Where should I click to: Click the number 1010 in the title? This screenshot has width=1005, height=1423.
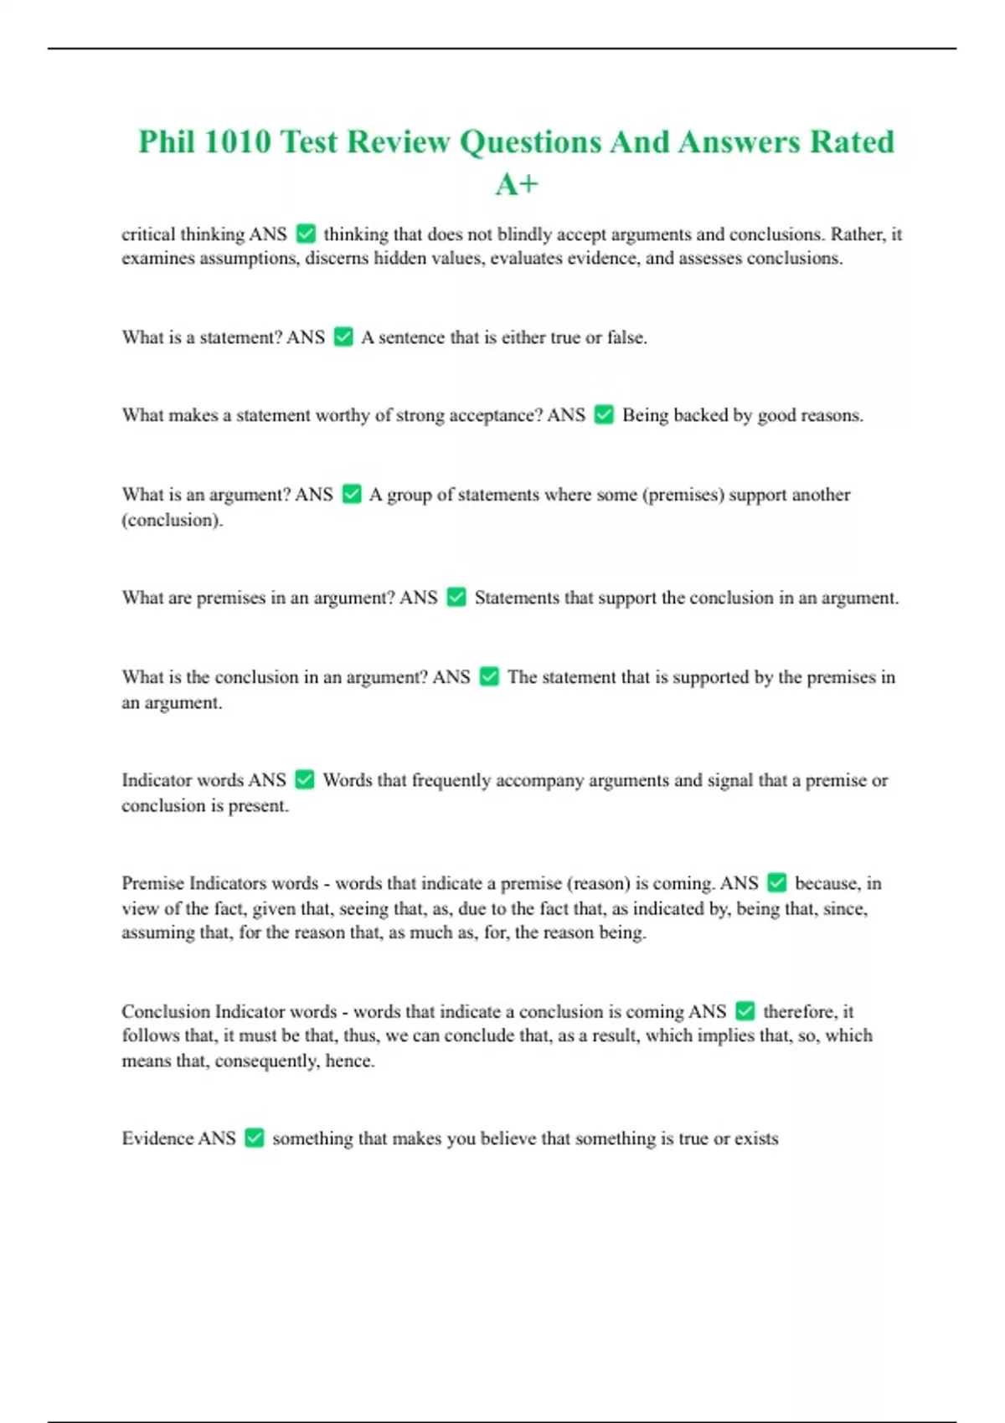[x=237, y=142]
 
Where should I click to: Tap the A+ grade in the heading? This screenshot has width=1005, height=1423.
[x=517, y=185]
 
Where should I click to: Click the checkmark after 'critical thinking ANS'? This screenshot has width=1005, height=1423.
[x=306, y=234]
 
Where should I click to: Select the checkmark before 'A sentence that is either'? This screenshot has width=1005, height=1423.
[x=343, y=336]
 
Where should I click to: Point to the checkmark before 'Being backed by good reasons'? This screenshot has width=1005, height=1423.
[x=604, y=414]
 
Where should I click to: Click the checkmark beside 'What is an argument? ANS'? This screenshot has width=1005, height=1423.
[x=352, y=494]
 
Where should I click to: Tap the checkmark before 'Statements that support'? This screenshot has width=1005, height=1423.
[x=456, y=597]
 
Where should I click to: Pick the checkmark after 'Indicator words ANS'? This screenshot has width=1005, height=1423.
[x=305, y=779]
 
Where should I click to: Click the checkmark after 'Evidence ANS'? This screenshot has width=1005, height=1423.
[x=255, y=1138]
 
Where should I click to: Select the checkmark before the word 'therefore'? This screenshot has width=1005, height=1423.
[x=745, y=1010]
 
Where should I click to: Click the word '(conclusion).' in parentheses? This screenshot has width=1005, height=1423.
[x=173, y=520]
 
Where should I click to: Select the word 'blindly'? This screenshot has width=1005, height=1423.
[x=523, y=234]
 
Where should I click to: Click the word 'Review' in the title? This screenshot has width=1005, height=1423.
[x=399, y=142]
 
